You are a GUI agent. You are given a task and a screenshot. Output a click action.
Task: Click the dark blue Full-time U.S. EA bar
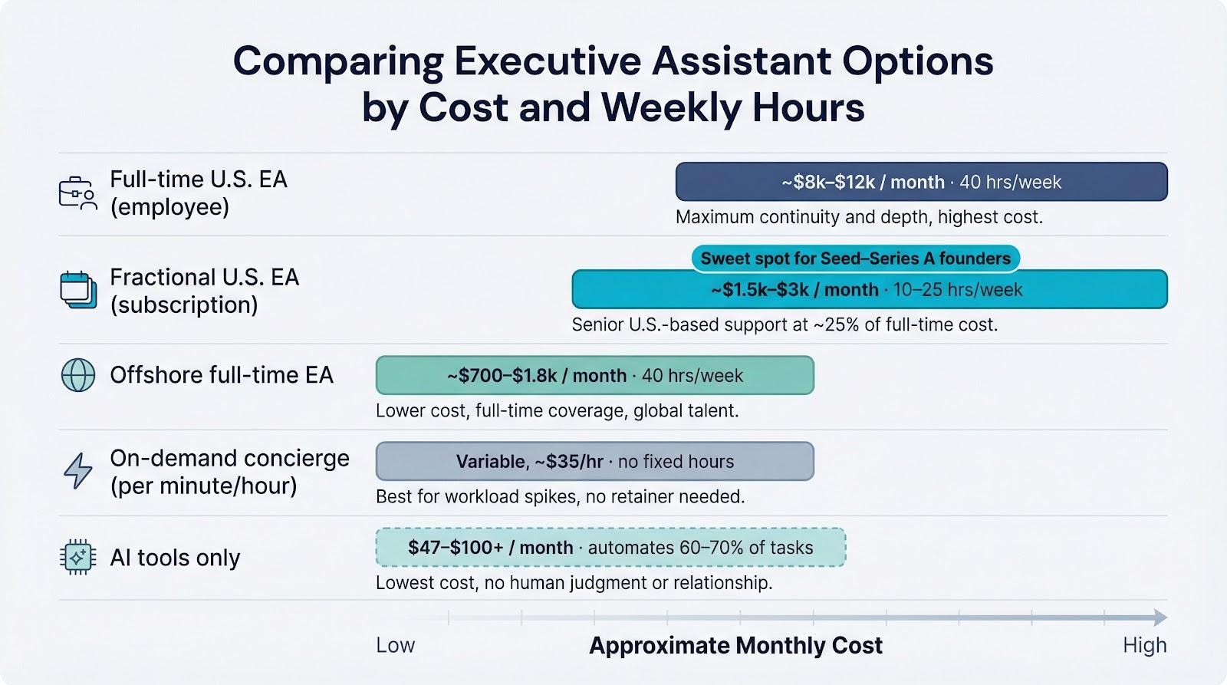coord(921,182)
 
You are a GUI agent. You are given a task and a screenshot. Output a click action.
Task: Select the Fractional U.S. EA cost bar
coord(869,289)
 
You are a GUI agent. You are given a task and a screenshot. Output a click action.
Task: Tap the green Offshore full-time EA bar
coord(594,375)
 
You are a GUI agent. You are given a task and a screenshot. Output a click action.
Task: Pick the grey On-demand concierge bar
coord(594,461)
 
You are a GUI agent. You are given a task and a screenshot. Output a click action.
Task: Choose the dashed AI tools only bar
coord(610,547)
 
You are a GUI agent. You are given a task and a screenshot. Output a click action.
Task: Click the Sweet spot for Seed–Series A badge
coord(855,258)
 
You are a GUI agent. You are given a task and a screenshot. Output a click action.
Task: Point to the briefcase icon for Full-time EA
coord(77,193)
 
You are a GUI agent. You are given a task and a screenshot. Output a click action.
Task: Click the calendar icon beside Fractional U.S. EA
coord(78,290)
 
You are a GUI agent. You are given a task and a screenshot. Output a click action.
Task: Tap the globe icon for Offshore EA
coord(78,375)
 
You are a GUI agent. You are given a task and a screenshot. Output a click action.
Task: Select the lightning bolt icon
coord(78,470)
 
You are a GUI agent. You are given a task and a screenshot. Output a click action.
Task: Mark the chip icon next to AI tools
coord(77,557)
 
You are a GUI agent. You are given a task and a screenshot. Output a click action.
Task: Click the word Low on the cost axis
coord(395,645)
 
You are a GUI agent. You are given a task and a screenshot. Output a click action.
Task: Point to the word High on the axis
coord(1144,645)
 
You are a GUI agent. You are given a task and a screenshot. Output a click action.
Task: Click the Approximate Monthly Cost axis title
coord(735,646)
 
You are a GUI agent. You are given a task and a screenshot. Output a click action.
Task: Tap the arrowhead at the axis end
coord(1160,617)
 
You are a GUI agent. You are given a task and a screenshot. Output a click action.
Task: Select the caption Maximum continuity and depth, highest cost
coord(859,217)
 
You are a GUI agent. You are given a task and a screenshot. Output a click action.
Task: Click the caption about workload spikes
coord(560,496)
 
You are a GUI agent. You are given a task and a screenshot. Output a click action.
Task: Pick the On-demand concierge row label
coord(229,472)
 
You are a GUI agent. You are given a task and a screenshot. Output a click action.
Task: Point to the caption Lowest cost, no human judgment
coord(574,582)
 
